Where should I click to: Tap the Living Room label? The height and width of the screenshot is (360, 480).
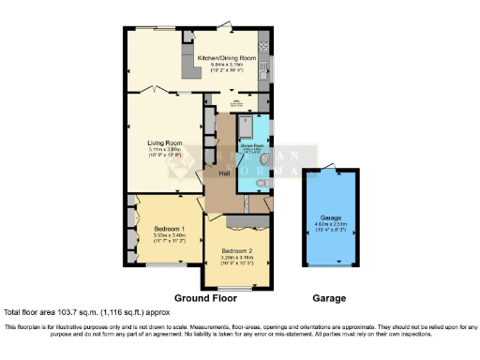point(164,142)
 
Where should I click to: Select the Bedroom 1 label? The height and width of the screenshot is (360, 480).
point(157,228)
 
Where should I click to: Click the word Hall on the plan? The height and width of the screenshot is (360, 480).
point(225,174)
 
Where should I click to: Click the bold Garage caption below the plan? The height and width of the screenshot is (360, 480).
point(329,298)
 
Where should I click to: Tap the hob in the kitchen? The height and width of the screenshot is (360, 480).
point(263,42)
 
